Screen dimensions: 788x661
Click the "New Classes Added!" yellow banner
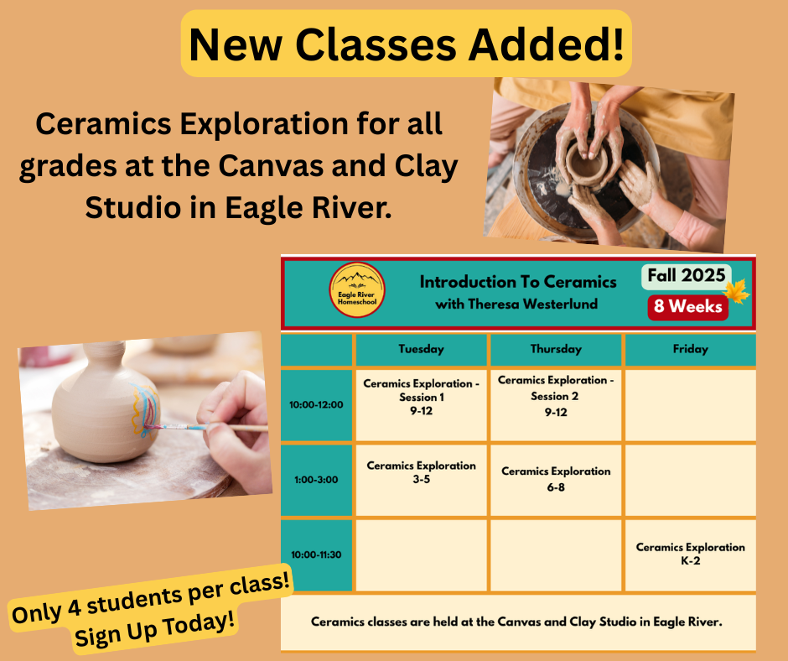click(406, 44)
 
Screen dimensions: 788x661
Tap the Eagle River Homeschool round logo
click(357, 290)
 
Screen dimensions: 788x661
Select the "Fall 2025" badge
click(686, 276)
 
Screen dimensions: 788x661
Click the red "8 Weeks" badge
click(688, 306)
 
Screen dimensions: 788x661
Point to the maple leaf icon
click(738, 292)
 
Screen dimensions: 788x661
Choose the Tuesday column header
click(421, 349)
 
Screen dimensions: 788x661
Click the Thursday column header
click(556, 349)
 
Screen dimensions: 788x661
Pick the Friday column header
click(691, 349)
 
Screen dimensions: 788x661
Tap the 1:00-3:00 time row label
click(316, 480)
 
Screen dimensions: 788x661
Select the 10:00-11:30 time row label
click(316, 554)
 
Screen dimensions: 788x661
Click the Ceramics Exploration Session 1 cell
click(421, 405)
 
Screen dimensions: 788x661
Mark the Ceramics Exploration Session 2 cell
click(556, 405)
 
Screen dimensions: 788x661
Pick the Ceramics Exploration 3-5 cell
click(421, 480)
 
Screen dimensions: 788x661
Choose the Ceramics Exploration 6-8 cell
click(556, 480)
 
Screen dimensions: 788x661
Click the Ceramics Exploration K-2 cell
click(691, 554)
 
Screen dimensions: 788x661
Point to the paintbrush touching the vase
click(206, 428)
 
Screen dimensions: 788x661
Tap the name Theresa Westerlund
click(532, 304)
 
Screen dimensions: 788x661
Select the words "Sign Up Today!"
click(155, 628)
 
